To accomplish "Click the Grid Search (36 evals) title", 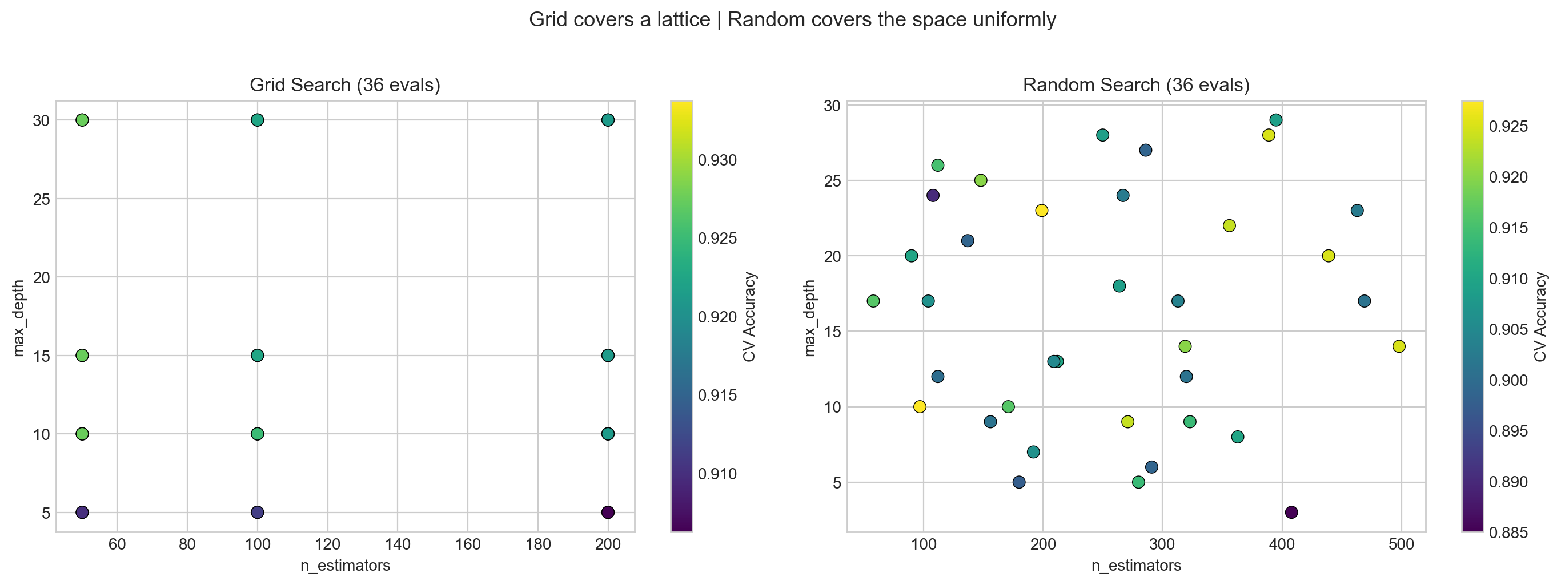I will [345, 86].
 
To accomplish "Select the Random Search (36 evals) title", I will [1135, 86].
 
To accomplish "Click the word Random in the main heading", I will [755, 20].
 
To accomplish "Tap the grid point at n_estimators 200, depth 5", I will [608, 513].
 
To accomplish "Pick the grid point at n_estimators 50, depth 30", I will [82, 120].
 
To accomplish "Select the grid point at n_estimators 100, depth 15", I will [258, 356].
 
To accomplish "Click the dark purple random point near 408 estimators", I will [1291, 513].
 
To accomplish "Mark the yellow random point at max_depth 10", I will [920, 407].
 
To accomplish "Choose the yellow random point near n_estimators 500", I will [1399, 346].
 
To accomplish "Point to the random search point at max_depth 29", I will [1275, 120].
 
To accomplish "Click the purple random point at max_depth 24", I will [933, 196].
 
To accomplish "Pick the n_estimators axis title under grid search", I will [345, 566].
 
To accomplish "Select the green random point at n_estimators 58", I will [873, 301].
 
